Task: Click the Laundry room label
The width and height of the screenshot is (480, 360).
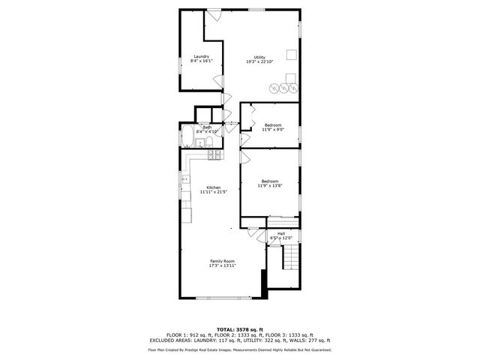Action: pos(201,56)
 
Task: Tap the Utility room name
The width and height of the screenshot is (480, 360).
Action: pos(259,57)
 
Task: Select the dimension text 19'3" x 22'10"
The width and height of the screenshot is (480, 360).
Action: pos(259,62)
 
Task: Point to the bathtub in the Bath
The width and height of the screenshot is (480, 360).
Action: pos(187,139)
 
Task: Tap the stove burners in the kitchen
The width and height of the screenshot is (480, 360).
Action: pos(214,155)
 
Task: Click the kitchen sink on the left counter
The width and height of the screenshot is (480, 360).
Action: pos(184,180)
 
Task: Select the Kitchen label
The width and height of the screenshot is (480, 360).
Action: pos(214,187)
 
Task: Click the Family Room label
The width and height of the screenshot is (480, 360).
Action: pos(222,261)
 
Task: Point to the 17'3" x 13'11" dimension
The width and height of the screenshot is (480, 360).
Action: pos(222,266)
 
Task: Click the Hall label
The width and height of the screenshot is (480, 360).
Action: pos(280,233)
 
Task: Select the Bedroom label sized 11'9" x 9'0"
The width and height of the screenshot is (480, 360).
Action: pos(272,124)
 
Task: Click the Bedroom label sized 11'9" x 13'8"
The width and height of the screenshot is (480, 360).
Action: pos(270,181)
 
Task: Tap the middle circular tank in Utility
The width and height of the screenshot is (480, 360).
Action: pos(284,88)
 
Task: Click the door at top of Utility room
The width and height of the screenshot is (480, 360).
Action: pos(214,14)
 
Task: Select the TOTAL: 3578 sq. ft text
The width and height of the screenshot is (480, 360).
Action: pos(239,329)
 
